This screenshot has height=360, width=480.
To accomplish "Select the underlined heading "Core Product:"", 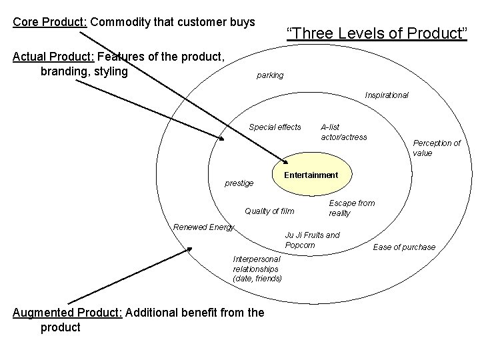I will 49,22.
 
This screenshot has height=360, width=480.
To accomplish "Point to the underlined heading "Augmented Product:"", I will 67,313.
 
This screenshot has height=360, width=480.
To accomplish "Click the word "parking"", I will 270,75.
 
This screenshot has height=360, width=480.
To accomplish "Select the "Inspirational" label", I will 387,95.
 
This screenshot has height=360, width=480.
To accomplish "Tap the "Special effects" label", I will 275,127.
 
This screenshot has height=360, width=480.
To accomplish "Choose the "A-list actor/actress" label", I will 343,132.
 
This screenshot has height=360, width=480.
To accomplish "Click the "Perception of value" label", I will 437,148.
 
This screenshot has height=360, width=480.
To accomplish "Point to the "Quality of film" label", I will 269,211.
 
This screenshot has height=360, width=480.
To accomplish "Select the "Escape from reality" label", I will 351,208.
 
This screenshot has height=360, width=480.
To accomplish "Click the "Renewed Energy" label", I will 203,227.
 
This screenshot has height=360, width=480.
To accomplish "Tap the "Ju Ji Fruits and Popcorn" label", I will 312,240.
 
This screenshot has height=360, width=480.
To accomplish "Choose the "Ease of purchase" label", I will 404,247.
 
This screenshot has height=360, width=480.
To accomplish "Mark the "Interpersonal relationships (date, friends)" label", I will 257,268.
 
